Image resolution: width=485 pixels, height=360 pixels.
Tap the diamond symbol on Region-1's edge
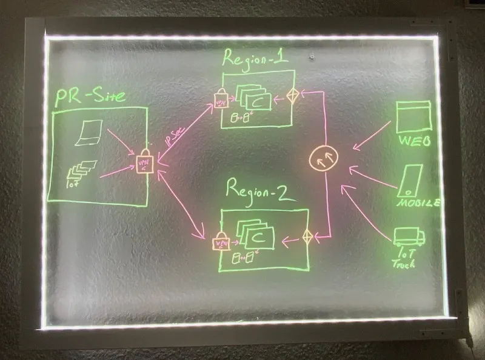pyautogui.click(x=293, y=97)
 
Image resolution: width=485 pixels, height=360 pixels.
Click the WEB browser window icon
pyautogui.click(x=413, y=117)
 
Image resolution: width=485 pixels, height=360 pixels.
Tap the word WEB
pyautogui.click(x=415, y=141)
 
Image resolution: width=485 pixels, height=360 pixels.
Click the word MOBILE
pyautogui.click(x=418, y=203)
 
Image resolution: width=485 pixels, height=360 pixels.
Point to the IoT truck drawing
pyautogui.click(x=407, y=236)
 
